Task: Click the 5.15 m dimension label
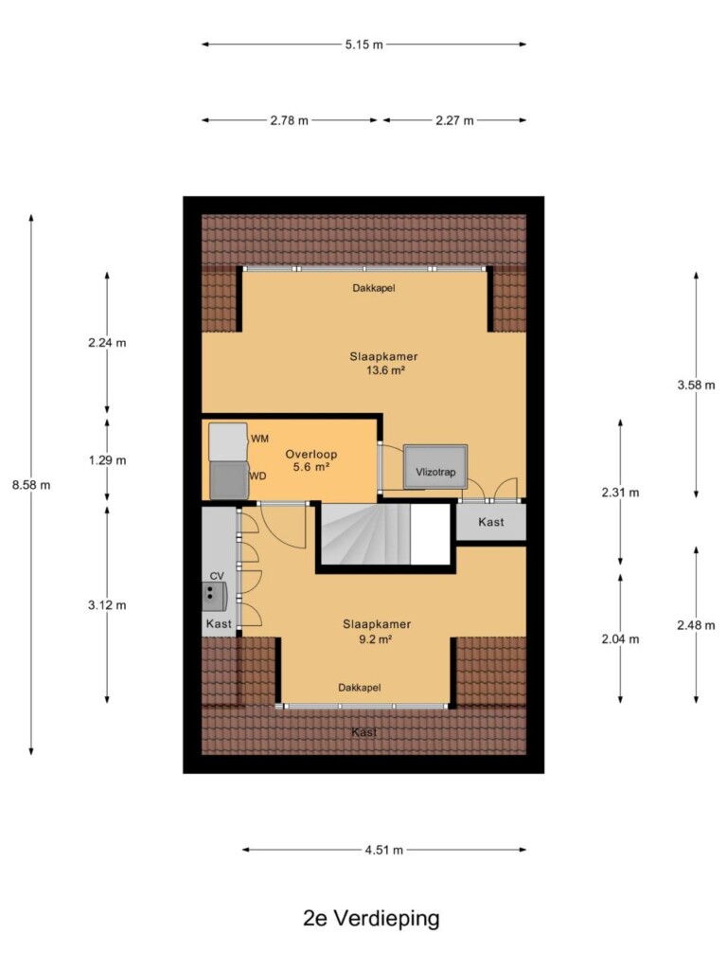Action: pos(363,45)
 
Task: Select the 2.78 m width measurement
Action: pos(289,120)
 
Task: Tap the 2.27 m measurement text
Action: pos(454,120)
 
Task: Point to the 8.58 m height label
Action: pos(31,485)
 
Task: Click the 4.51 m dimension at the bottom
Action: pos(383,850)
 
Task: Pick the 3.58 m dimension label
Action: pos(696,385)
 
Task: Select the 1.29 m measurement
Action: pos(107,460)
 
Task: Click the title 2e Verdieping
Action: pos(371,918)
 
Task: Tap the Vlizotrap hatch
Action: pos(435,467)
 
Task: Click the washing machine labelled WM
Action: pos(228,441)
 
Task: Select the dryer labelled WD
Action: pos(229,480)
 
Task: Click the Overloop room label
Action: pos(310,461)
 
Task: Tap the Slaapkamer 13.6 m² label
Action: pos(384,364)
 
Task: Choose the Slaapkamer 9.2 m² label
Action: pos(377,632)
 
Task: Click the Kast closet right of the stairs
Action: pos(491,522)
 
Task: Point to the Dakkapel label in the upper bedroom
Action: pos(374,288)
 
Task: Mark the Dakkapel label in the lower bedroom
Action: pos(359,688)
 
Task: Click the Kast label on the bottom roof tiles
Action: pos(364,732)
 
